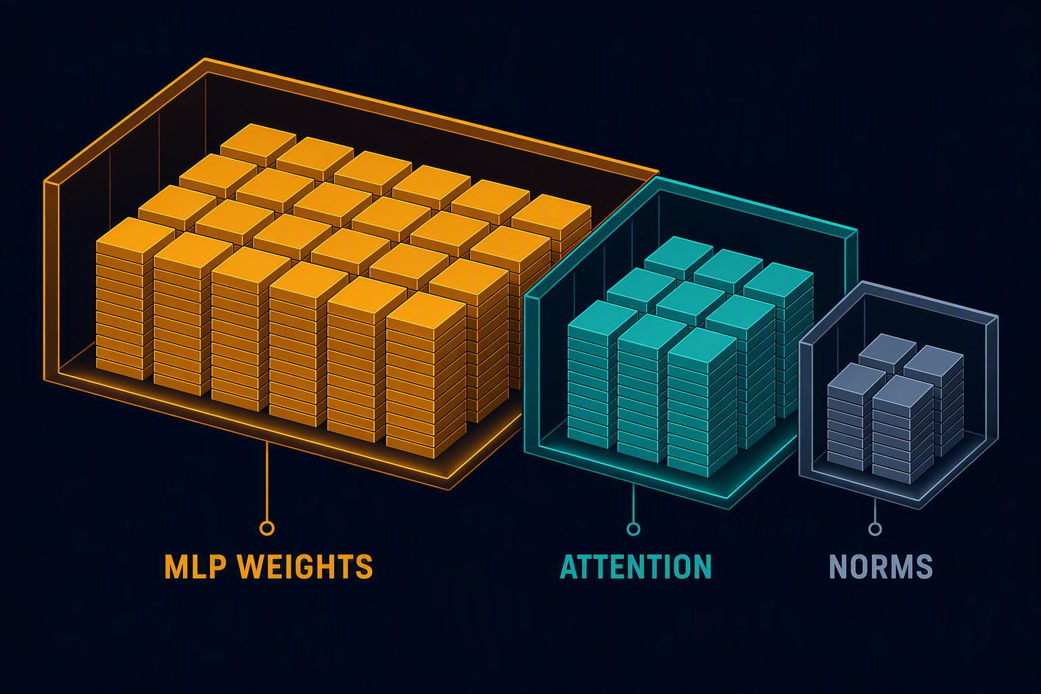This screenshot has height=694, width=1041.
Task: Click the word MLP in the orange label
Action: coord(196,567)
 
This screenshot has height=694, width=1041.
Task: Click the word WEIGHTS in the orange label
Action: coord(305,567)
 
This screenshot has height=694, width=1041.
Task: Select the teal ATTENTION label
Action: coord(636,567)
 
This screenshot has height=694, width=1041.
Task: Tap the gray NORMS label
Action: coord(881,567)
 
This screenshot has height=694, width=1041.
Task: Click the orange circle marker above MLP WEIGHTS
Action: coord(267,528)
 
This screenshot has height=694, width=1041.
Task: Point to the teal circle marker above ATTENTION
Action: coord(634,529)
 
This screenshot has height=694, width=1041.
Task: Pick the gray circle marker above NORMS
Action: coord(875,529)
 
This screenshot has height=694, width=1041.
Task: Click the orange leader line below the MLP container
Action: coord(267,481)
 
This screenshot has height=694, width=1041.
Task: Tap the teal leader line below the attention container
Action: coord(634,503)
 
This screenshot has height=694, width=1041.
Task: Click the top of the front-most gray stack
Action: coord(903,390)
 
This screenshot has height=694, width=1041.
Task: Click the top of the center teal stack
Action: coord(691,298)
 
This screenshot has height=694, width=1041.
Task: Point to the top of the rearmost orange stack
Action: coord(258,140)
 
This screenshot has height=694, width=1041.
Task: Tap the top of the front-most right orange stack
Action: coord(426,310)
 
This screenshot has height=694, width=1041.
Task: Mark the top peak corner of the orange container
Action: coord(205,59)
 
